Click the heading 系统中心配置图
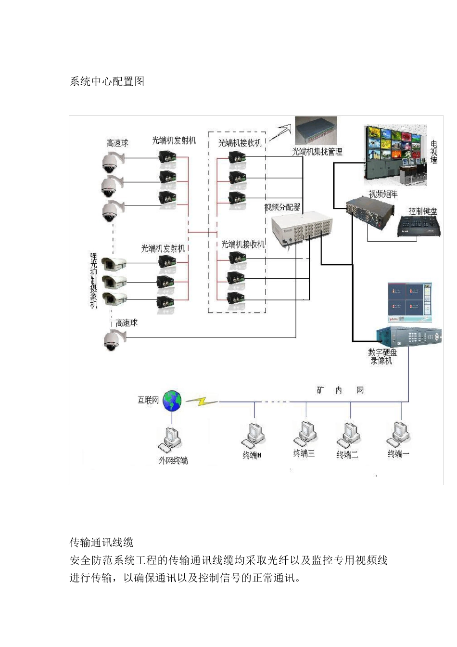(107, 81)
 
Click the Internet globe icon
(172, 401)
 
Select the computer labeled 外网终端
(171, 438)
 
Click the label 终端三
(304, 453)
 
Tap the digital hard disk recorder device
(409, 336)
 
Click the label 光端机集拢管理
(317, 152)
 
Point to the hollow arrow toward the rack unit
(281, 132)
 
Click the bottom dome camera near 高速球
(113, 339)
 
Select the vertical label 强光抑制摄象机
(94, 281)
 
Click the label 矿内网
(340, 390)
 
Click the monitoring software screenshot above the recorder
(410, 302)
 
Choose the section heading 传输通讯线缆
(102, 543)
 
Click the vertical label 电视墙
(433, 152)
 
